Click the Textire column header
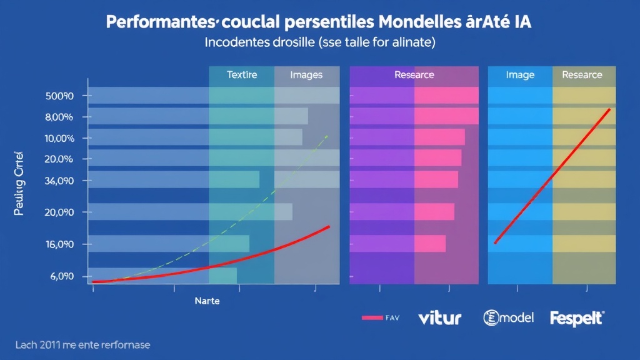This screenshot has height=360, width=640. (241, 75)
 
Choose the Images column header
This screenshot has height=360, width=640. (306, 75)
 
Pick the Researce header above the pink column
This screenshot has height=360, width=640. (414, 75)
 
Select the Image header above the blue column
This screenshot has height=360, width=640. (520, 75)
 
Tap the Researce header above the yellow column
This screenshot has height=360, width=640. (582, 75)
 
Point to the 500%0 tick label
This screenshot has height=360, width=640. (59, 96)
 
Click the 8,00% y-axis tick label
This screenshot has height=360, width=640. (59, 117)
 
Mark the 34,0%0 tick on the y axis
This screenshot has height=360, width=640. (59, 181)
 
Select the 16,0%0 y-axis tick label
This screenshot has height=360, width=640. (59, 244)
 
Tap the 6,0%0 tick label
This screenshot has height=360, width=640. (59, 276)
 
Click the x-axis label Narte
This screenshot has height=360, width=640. (207, 301)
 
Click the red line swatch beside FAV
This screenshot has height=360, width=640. (372, 317)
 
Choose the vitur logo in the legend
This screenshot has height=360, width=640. (439, 317)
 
